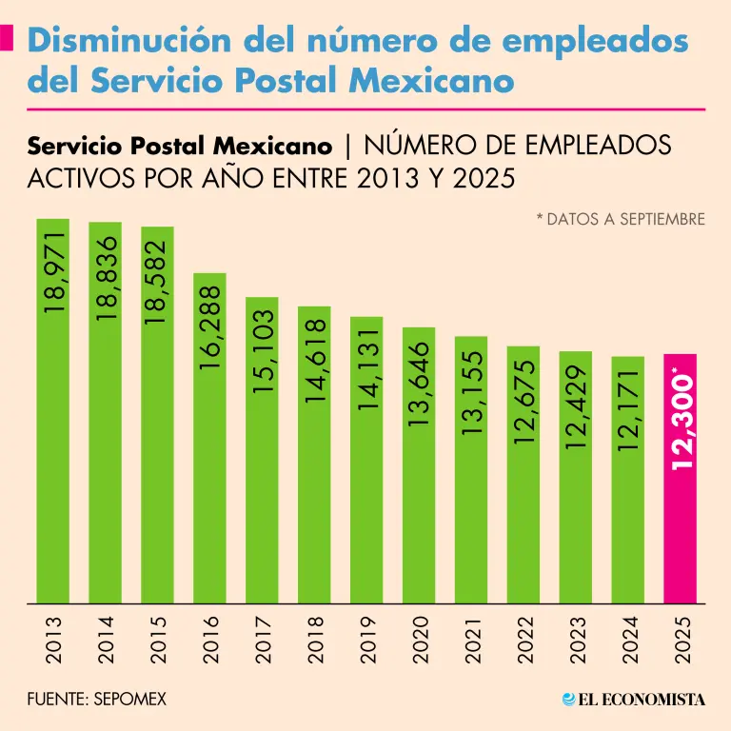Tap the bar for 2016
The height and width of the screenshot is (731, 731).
point(210,476)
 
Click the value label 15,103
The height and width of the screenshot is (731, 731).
point(263,350)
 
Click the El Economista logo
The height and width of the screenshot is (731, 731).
point(633,700)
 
